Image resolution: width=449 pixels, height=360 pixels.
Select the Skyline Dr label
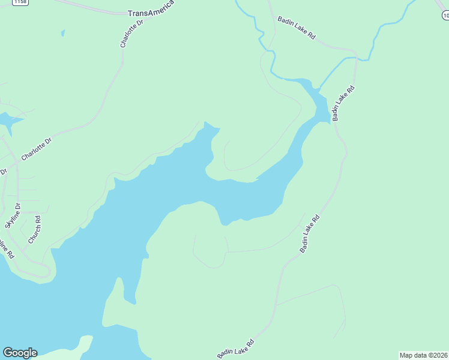[13, 216]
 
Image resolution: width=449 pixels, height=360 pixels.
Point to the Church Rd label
[34, 229]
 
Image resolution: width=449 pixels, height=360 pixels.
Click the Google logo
[20, 353]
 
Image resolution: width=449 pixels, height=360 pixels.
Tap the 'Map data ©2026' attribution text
[423, 355]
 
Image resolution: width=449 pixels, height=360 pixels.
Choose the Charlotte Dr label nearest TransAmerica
[132, 33]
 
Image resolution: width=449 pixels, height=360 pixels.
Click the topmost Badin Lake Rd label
[296, 28]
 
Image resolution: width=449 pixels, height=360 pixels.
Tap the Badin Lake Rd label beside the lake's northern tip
[344, 104]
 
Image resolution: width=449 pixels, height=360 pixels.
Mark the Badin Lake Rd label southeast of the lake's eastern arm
[310, 233]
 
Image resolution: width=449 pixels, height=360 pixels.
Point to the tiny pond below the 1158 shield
[62, 33]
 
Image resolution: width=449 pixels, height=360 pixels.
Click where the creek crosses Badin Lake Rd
[356, 59]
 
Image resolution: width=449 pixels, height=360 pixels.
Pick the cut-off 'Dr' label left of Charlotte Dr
[3, 172]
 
